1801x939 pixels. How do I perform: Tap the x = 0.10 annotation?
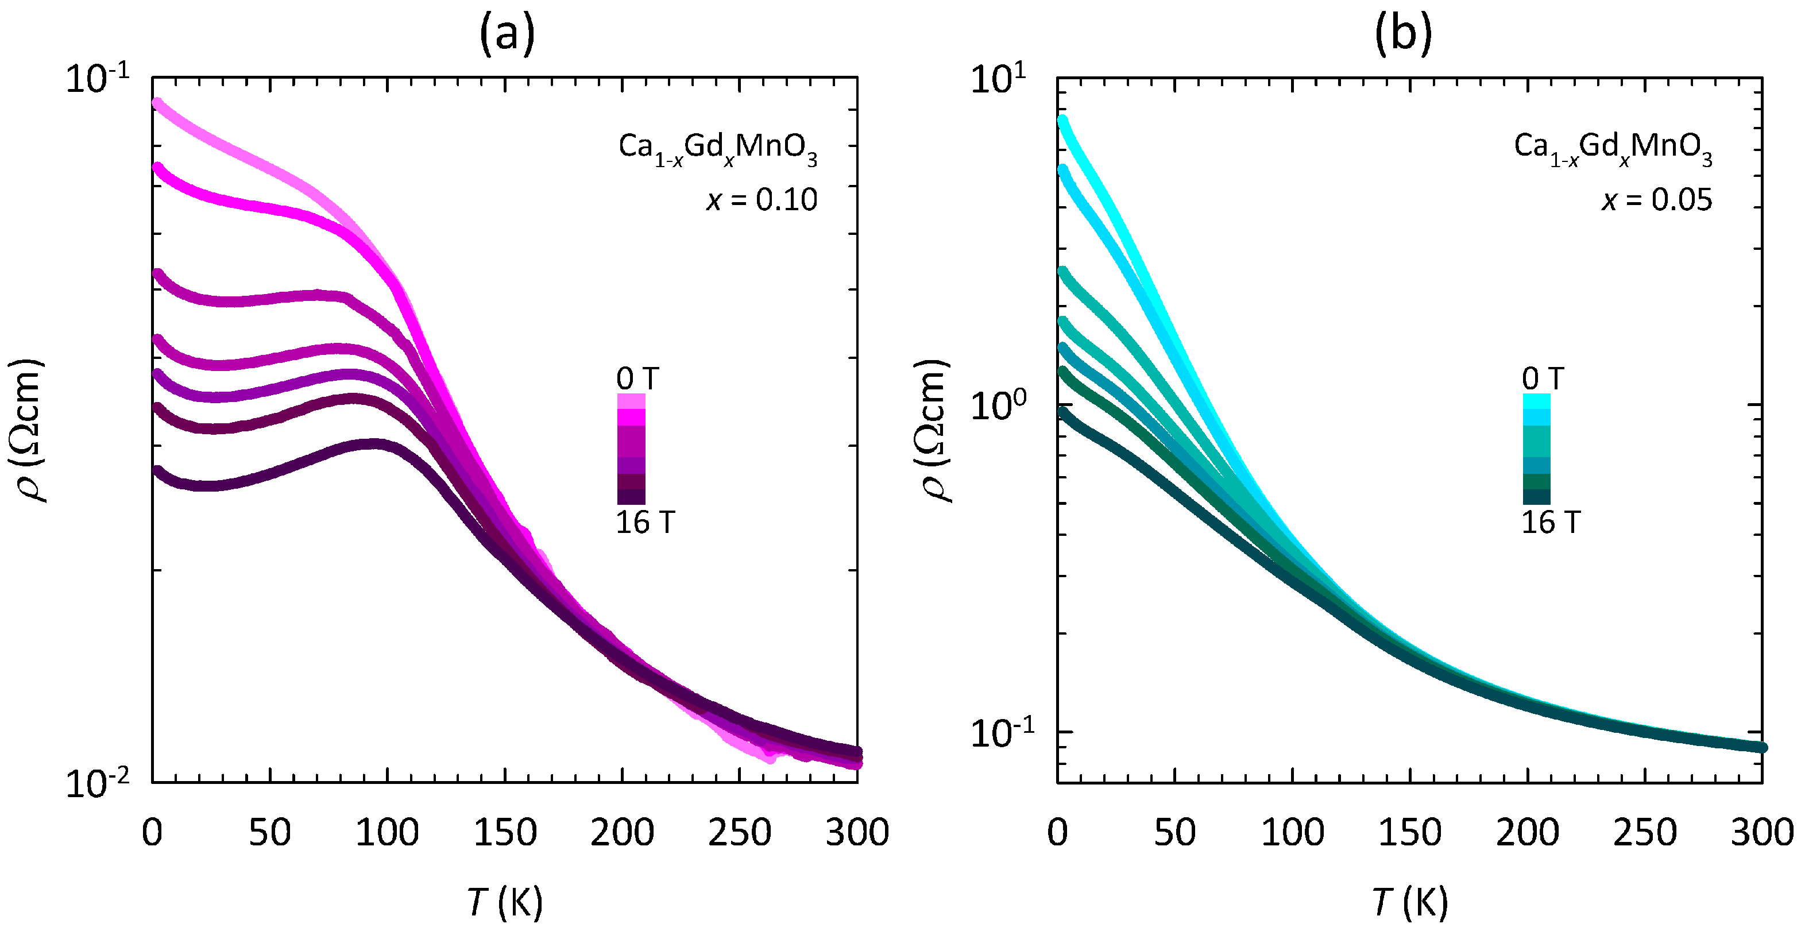tap(762, 200)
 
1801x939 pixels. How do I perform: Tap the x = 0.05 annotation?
tap(1657, 200)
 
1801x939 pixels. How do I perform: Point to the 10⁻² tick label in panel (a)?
tap(98, 784)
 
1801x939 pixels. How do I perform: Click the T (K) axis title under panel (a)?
tap(505, 901)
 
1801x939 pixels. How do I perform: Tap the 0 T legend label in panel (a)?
tap(637, 379)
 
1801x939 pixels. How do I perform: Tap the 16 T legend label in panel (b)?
tap(1551, 522)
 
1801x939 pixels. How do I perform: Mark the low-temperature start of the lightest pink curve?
tap(157, 103)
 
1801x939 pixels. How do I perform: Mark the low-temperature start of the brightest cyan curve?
tap(1062, 120)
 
